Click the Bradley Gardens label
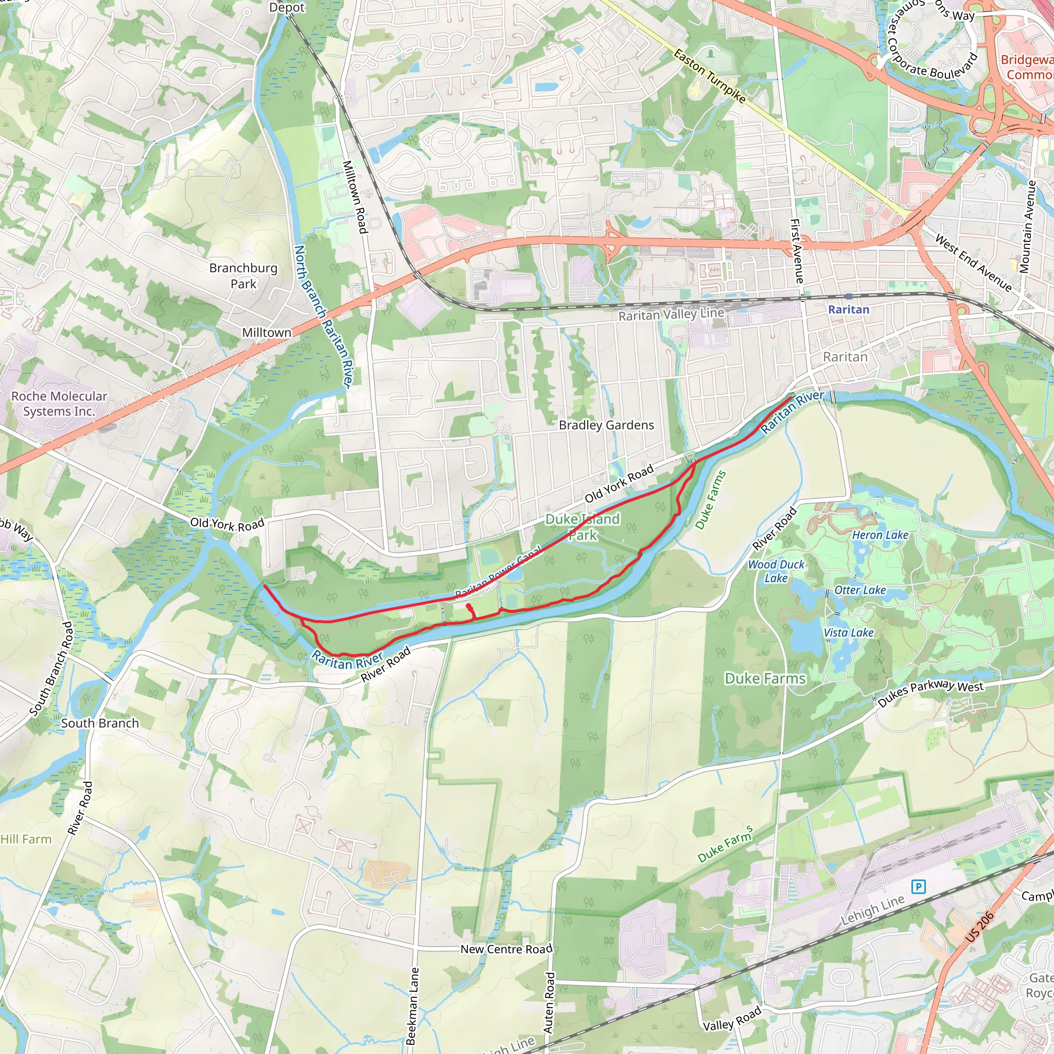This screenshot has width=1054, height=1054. (x=606, y=425)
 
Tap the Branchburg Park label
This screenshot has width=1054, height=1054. (x=243, y=275)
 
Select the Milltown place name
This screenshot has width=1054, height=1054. (x=267, y=332)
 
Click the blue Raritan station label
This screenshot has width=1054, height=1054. (x=848, y=309)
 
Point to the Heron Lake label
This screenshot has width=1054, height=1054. (x=880, y=535)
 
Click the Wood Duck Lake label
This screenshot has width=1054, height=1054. (x=776, y=571)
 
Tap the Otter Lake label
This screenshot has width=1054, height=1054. (x=860, y=590)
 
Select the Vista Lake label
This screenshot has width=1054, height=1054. (x=848, y=633)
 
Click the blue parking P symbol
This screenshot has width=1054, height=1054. (x=918, y=887)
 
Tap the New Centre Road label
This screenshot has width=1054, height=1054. (x=506, y=949)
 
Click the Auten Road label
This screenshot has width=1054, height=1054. (x=549, y=1002)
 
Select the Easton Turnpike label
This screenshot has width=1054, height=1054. (x=709, y=76)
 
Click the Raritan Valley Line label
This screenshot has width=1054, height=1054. (x=671, y=314)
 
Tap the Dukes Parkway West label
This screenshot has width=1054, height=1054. (x=930, y=692)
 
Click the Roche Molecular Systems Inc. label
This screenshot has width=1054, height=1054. (x=59, y=403)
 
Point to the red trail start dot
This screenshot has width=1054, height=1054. (x=469, y=606)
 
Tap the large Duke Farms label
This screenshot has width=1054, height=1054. (x=765, y=678)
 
